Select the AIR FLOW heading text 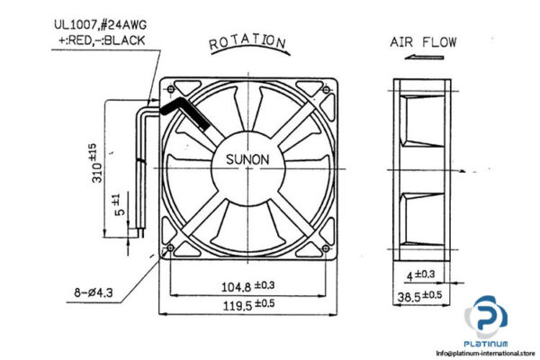click(422, 41)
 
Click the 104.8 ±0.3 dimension click(246, 286)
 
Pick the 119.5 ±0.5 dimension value click(246, 304)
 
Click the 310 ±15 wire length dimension click(93, 161)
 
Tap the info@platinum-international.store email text click(486, 352)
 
